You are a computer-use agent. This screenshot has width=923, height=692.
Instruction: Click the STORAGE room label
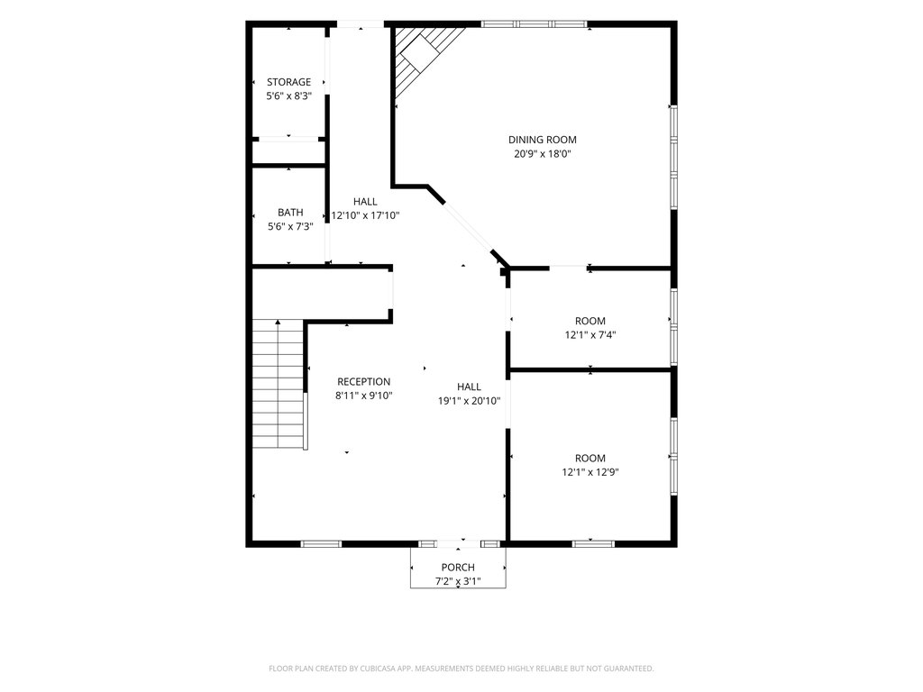click(x=288, y=82)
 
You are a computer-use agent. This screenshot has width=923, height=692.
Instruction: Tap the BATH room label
click(x=291, y=213)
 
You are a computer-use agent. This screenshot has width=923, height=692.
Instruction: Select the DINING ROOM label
click(x=542, y=140)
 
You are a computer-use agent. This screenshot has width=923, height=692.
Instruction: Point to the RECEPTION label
click(x=364, y=381)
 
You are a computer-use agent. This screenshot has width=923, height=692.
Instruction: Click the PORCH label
click(x=458, y=568)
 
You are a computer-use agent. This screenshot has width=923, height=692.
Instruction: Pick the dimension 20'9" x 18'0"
click(x=542, y=154)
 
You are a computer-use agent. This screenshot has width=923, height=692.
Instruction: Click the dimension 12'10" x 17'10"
click(x=366, y=215)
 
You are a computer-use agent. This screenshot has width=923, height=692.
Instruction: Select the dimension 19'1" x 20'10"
click(x=469, y=401)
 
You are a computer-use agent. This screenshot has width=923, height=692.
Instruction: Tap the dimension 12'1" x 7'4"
click(x=590, y=335)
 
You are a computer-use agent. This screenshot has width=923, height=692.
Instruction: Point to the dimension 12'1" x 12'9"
click(x=590, y=472)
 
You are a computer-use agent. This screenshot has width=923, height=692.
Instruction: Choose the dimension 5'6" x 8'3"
click(x=289, y=96)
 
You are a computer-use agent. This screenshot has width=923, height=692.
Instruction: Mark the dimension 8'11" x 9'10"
click(x=364, y=396)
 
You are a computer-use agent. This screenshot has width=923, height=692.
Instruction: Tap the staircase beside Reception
click(x=279, y=384)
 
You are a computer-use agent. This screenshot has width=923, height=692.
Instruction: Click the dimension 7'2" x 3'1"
click(x=458, y=581)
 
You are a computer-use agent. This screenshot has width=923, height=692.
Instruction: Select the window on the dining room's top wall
click(x=535, y=24)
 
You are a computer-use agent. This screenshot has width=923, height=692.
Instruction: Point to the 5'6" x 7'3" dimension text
click(x=291, y=226)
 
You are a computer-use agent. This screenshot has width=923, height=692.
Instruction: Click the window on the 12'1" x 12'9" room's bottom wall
click(x=593, y=543)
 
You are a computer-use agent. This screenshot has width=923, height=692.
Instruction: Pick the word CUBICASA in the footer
click(x=384, y=669)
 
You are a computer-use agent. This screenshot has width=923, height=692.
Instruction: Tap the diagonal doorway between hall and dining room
click(x=468, y=227)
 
